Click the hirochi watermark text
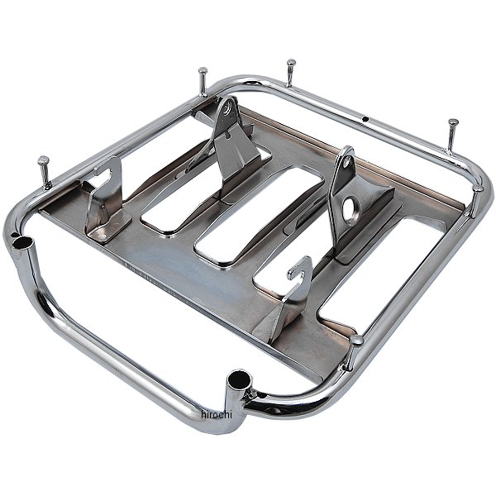click(217, 414)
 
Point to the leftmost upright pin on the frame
click(45, 172)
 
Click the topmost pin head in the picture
click(291, 63)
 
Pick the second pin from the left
click(203, 81)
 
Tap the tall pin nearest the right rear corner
click(452, 136)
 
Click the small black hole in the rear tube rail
click(365, 119)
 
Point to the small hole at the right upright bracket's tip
click(348, 161)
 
